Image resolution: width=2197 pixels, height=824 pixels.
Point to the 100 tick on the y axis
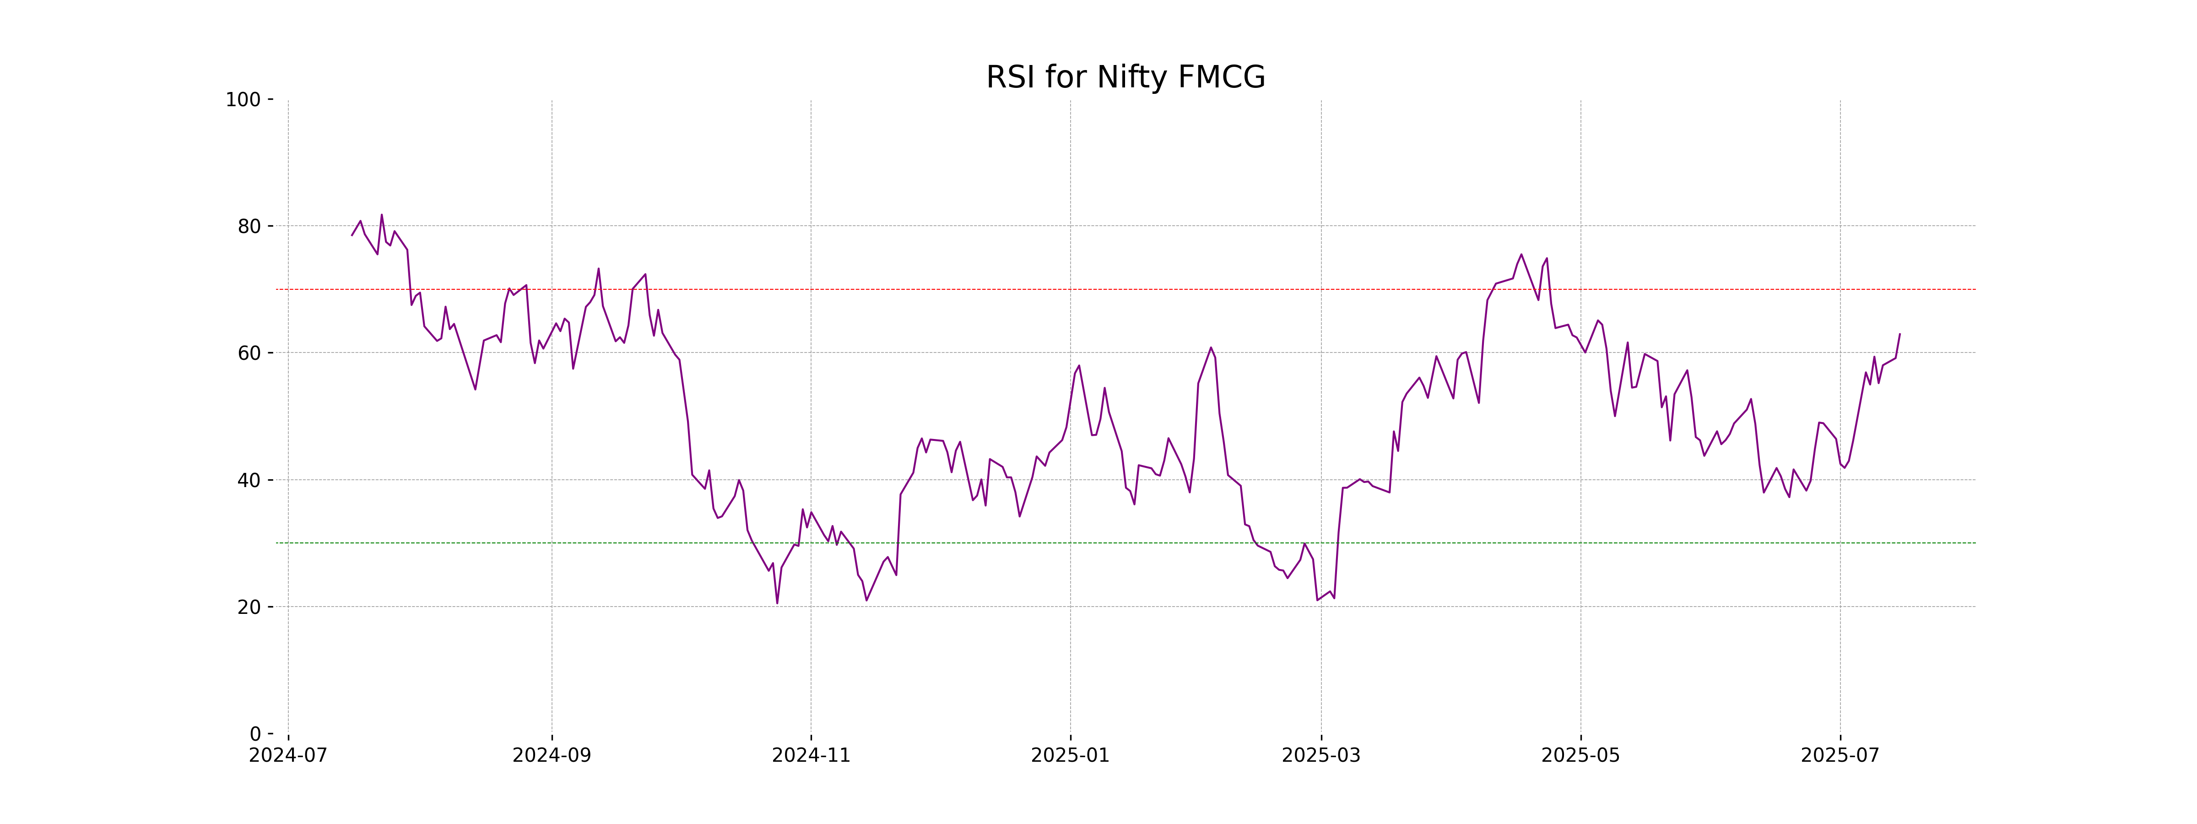(x=243, y=100)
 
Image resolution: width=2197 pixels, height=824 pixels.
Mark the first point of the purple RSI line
(x=352, y=235)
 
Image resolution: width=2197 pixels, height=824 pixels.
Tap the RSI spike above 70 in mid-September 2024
(x=599, y=269)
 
